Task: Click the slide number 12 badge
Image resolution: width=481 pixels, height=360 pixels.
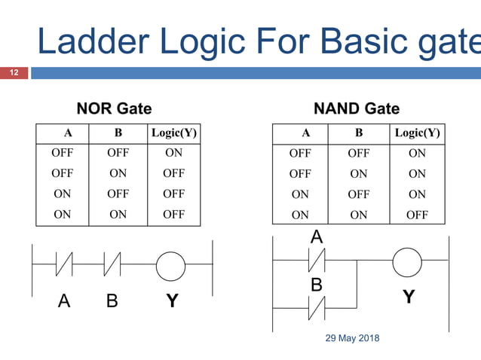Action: click(14, 73)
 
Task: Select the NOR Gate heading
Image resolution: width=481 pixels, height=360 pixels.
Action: click(114, 108)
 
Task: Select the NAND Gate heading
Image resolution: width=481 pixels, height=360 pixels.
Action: click(357, 108)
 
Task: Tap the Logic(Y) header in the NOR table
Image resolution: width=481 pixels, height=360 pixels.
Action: click(173, 133)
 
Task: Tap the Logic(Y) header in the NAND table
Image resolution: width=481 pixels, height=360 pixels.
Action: click(417, 133)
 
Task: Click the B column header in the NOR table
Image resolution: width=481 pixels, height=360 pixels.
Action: click(118, 133)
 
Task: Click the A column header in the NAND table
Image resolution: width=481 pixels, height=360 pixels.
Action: click(305, 133)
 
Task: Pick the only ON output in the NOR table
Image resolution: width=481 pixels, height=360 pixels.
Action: click(173, 153)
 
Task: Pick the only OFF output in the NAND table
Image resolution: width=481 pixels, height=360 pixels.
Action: click(417, 215)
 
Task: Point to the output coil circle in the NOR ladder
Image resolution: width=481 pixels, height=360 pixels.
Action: click(170, 265)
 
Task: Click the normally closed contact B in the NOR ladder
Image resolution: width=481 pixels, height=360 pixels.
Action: click(112, 265)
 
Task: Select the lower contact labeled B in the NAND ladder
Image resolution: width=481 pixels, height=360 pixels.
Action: click(317, 307)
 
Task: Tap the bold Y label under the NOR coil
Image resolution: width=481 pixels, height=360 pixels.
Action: click(172, 301)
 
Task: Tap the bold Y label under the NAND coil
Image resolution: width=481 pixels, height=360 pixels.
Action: click(408, 297)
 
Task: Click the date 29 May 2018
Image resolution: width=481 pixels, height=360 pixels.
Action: click(352, 338)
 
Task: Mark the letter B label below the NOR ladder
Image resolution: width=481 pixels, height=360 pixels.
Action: click(112, 301)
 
